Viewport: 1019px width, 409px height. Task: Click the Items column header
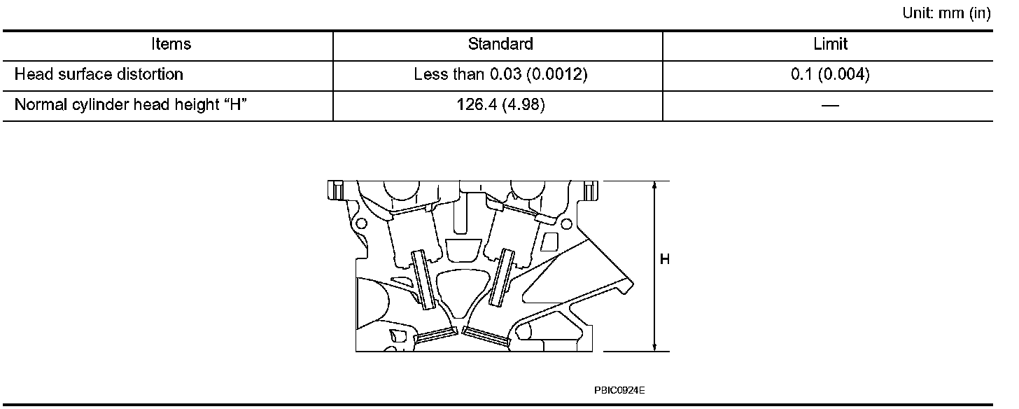(171, 44)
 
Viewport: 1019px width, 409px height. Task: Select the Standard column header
(500, 44)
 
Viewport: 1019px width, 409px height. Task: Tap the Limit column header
(830, 44)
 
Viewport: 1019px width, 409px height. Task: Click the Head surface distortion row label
(99, 74)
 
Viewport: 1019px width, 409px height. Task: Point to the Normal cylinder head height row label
(131, 105)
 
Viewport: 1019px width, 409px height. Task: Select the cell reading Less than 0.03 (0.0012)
(500, 74)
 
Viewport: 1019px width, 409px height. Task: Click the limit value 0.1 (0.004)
(830, 74)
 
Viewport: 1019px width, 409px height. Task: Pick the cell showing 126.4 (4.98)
(500, 105)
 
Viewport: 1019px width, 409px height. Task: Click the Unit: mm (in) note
(947, 13)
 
